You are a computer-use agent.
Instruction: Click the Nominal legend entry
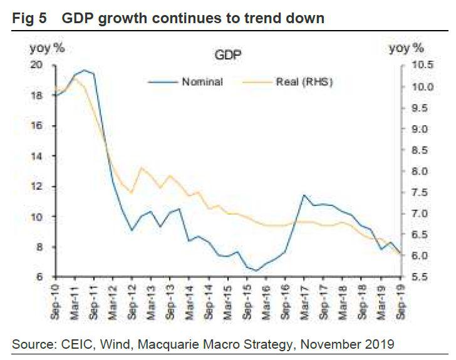tap(202, 82)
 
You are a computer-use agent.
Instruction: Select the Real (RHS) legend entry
tap(304, 82)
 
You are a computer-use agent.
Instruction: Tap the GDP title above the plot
tap(228, 55)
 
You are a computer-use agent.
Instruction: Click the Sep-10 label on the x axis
tap(55, 300)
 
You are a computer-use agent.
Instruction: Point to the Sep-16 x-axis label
tap(286, 300)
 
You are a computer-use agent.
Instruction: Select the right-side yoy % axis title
tap(406, 48)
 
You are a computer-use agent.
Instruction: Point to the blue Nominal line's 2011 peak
tap(85, 70)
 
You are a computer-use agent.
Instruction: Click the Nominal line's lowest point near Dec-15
tap(256, 270)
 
